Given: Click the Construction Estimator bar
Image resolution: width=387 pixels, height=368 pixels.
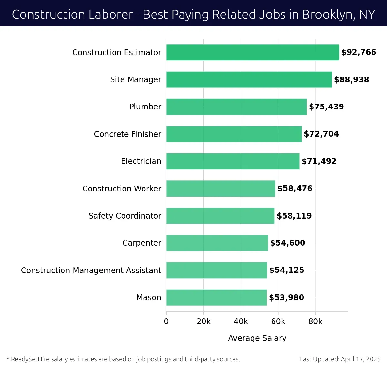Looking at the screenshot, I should pos(253,52).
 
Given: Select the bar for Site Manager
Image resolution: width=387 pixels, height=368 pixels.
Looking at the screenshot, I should pos(249,79).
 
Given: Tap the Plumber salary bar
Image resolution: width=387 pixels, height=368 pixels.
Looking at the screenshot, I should pos(236,107).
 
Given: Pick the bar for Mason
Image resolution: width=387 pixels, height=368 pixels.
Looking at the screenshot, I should pos(216,297).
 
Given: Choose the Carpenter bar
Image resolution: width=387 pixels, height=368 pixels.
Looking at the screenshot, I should pos(217,243).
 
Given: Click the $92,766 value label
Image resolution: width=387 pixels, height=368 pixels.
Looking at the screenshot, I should pos(359,52).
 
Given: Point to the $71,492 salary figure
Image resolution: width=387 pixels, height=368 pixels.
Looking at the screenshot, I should pos(319,161).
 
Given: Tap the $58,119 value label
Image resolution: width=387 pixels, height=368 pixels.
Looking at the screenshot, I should pos(294,216).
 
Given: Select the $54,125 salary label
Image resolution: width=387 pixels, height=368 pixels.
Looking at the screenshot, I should pos(287,270).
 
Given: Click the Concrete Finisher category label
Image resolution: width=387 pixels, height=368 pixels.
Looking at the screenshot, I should pos(127,134).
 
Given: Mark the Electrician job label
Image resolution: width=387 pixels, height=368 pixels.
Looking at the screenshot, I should pos(141,161).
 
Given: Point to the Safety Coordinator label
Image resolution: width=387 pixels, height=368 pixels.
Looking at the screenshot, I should pos(125,216).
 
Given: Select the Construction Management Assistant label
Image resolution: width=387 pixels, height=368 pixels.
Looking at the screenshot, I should pos(91,270).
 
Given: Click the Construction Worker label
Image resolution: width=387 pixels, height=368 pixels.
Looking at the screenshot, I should pos(122,189).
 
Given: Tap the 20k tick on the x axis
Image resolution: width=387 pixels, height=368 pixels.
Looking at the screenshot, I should pos(203,322).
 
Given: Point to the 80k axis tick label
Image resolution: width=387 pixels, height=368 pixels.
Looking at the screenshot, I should pos(315,322).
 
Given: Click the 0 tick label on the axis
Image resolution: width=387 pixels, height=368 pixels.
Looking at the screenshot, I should pos(166,322).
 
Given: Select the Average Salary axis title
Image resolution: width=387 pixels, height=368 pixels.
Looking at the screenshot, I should pos(257,338).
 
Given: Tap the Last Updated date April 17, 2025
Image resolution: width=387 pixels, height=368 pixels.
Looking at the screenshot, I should pos(361,359).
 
